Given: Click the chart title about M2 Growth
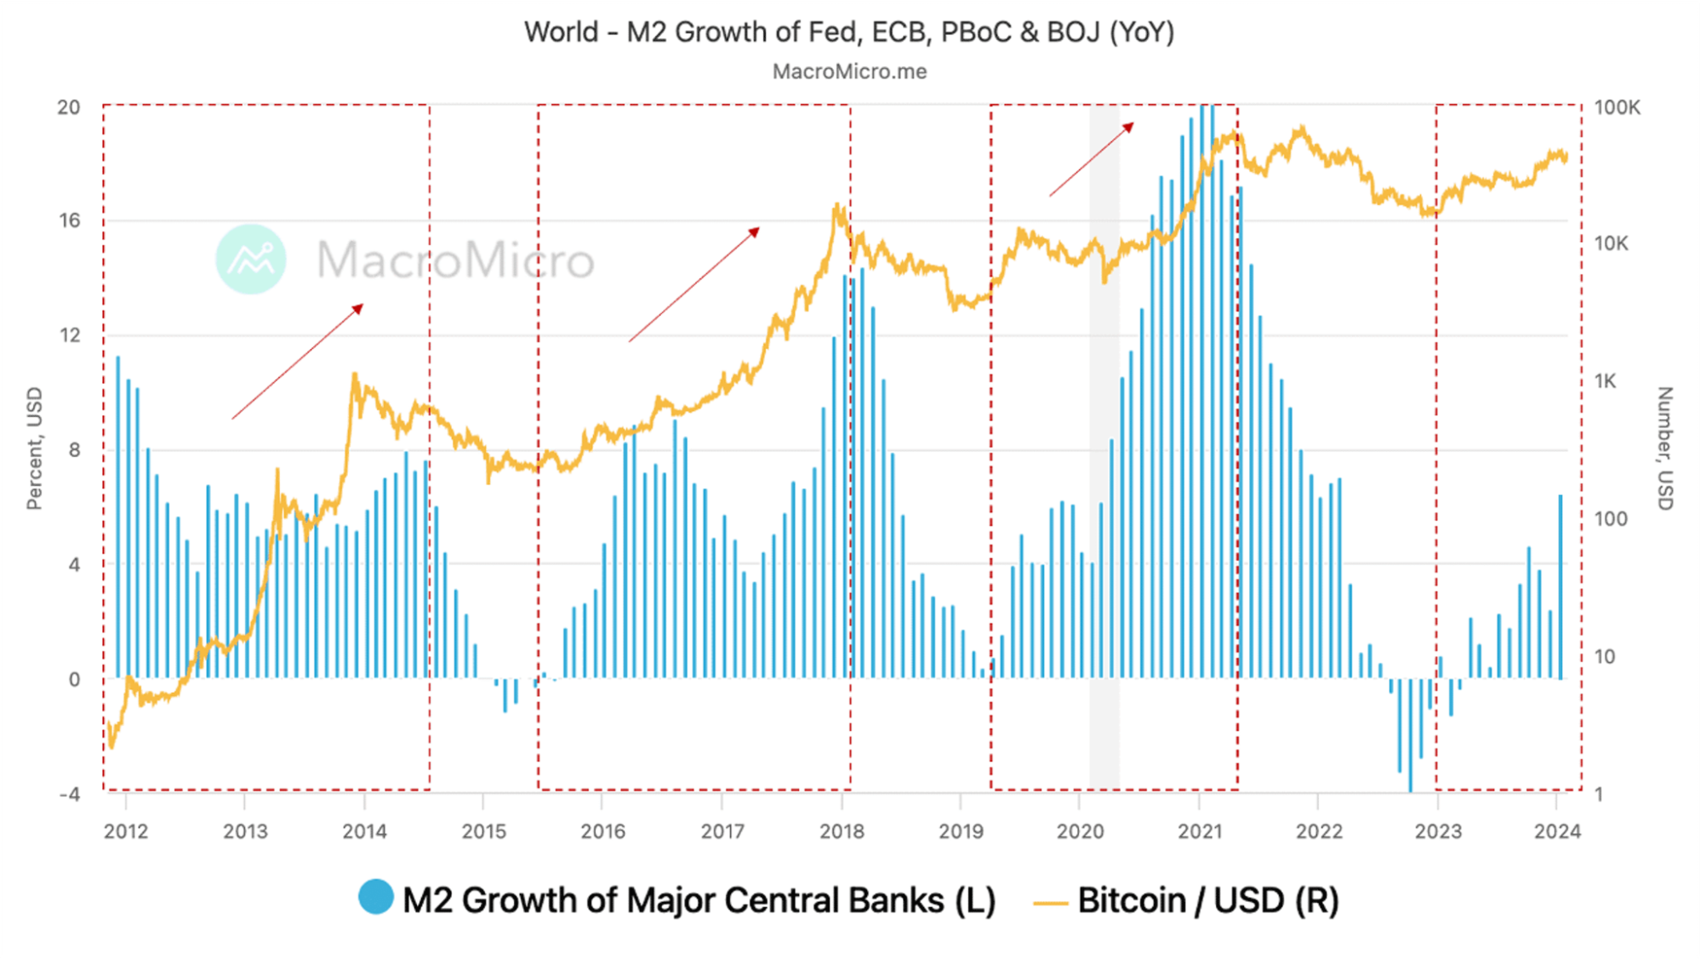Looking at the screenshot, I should click(849, 32).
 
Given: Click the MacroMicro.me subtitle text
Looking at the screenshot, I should click(849, 71).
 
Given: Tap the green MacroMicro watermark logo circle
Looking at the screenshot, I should click(251, 260).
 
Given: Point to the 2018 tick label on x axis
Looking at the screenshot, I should click(842, 831).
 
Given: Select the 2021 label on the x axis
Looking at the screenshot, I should click(1200, 831).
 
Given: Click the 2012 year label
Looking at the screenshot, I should click(126, 831).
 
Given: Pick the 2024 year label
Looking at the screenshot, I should click(1557, 831).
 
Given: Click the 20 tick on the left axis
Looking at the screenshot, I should click(69, 107).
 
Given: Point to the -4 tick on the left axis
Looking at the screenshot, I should click(69, 794).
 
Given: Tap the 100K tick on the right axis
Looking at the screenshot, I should click(1617, 107).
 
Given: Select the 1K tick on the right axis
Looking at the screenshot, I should click(1605, 381).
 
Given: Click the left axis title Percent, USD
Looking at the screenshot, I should click(34, 448).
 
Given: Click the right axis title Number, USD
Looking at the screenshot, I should click(1665, 448).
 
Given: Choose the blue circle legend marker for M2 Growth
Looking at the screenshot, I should click(375, 897).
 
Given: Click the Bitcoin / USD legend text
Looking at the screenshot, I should click(1208, 900).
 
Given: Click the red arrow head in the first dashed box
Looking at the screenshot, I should click(359, 308).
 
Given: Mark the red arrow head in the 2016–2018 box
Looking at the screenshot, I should click(755, 231).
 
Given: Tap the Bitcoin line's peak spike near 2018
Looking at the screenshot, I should click(837, 207).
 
